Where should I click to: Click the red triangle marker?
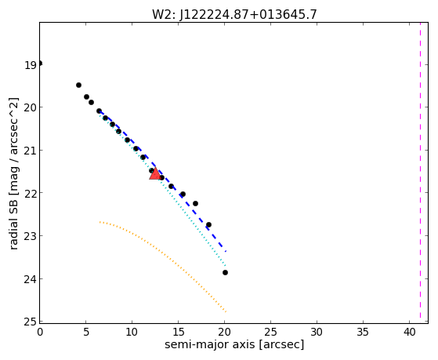tap(155, 174)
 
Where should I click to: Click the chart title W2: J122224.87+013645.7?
tap(234, 14)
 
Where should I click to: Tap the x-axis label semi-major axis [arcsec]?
tap(234, 344)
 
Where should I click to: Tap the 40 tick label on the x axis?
tap(409, 332)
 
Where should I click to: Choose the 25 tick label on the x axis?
tap(270, 332)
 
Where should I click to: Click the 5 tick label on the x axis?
tap(86, 332)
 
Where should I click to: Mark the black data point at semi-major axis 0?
tap(40, 64)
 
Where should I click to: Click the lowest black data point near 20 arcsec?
tap(225, 272)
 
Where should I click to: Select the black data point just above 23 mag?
tap(208, 224)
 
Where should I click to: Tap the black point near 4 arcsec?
tap(79, 85)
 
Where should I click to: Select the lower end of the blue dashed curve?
tap(226, 252)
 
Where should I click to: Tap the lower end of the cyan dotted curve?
tap(226, 265)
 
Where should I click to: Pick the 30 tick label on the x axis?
tap(317, 332)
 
